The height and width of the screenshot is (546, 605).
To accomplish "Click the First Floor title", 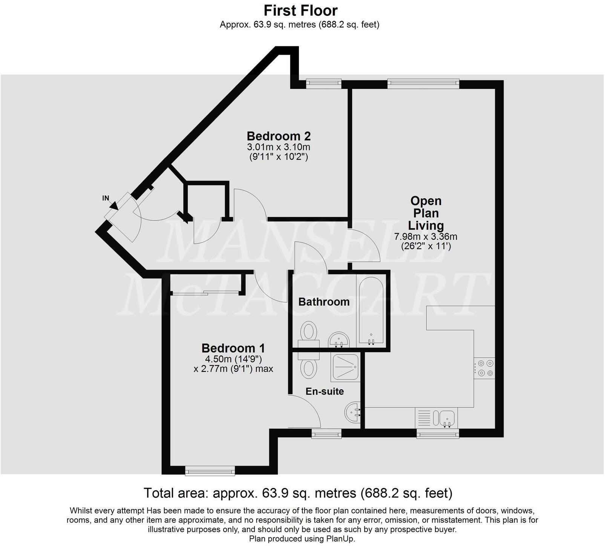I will [x=300, y=10].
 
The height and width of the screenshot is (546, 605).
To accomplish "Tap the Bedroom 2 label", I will [x=279, y=136].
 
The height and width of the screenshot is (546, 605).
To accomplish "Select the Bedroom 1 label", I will [x=233, y=348].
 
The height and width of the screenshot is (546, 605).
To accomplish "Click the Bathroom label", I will [x=324, y=302].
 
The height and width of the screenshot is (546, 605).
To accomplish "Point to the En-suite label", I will [x=325, y=391].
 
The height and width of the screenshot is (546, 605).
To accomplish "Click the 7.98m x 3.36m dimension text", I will [x=426, y=237].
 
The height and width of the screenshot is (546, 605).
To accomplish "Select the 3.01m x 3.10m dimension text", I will [x=279, y=147].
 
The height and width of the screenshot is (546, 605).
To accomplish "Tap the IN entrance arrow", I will [x=113, y=205].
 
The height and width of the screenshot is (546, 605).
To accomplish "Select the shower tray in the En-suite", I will [x=345, y=367].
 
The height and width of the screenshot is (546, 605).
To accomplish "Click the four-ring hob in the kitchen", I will [x=484, y=368].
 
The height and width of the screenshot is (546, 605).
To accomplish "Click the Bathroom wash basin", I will [x=339, y=340].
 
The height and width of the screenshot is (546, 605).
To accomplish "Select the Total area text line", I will [x=298, y=493].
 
